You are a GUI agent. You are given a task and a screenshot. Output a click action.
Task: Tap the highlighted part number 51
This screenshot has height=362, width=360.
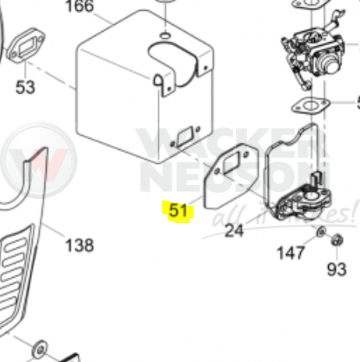click(178, 211)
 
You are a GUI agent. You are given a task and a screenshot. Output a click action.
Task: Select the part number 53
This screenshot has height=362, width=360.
click(25, 86)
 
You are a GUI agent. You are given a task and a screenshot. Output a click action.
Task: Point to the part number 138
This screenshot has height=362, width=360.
click(79, 246)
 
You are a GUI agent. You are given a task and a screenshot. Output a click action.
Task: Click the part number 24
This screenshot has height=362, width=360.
click(234, 230)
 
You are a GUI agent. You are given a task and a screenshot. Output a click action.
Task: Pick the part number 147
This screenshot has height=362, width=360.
click(291, 253)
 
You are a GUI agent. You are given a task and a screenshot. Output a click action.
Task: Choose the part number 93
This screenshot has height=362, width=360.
click(337, 270)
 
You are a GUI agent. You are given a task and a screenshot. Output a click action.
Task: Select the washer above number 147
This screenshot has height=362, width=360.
click(320, 232)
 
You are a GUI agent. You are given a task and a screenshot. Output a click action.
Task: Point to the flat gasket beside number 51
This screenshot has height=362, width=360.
click(225, 187)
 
